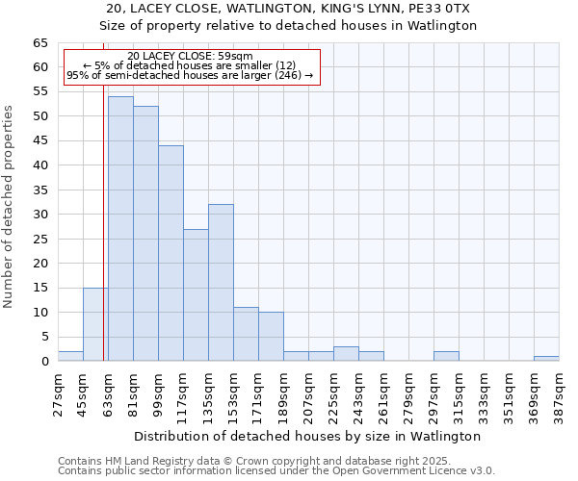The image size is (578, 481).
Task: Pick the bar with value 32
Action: point(221,283)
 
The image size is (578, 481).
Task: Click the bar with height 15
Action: point(95,324)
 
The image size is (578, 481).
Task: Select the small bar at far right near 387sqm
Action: point(546,358)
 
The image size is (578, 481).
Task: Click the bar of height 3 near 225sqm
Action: point(346,354)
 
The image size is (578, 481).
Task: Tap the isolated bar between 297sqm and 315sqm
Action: point(446,356)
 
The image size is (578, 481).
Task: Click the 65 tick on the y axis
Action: point(40,43)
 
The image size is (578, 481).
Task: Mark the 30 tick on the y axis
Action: point(40,215)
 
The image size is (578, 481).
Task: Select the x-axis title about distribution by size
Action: point(307,436)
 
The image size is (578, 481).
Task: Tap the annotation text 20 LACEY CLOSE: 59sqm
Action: point(190,57)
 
